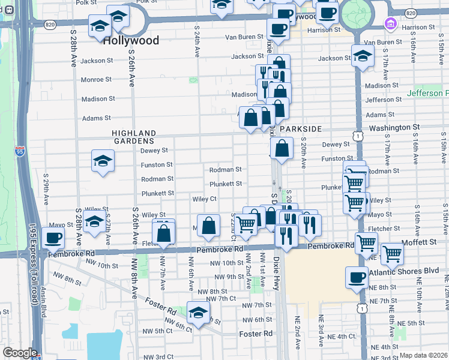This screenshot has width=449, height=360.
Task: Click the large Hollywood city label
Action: coord(131,41)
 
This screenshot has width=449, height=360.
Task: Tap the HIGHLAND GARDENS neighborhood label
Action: coord(133,137)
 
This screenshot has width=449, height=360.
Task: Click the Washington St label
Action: coord(394,128)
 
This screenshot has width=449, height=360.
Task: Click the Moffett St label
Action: coord(424,241)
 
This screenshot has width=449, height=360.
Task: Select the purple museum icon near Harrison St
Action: coord(390,23)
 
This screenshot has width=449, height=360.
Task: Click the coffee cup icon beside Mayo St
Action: coord(53,238)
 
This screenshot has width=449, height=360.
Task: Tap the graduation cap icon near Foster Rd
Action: coord(198,313)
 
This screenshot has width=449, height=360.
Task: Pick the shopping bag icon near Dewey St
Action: coord(282,148)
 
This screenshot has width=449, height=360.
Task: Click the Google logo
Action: coord(20,353)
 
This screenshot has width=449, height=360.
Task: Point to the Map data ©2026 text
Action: coord(423,355)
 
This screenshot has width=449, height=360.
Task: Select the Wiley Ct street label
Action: coord(204,199)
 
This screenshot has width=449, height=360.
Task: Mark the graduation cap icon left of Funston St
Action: coord(103,161)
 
